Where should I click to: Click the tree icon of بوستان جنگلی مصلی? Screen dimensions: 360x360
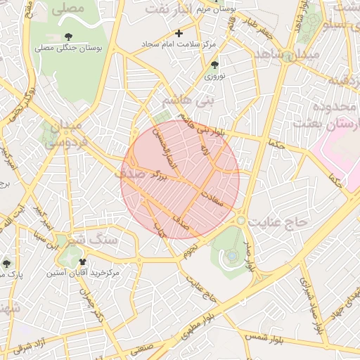point(68,36)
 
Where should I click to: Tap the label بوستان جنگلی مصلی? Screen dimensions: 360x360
point(69,49)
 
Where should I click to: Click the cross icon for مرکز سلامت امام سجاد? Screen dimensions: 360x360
point(179,33)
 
